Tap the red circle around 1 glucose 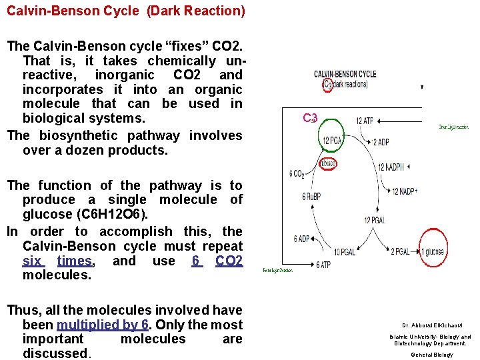coord(433,251)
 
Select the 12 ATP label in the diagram coord(364,121)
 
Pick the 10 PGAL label coord(345,251)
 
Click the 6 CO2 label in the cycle coord(297,174)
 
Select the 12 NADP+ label coord(405,191)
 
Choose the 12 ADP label coord(381,142)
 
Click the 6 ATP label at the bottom coord(323,265)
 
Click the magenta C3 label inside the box coord(309,118)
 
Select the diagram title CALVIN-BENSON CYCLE coord(345,74)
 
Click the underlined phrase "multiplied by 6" coord(103,325)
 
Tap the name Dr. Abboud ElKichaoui coord(431,325)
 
